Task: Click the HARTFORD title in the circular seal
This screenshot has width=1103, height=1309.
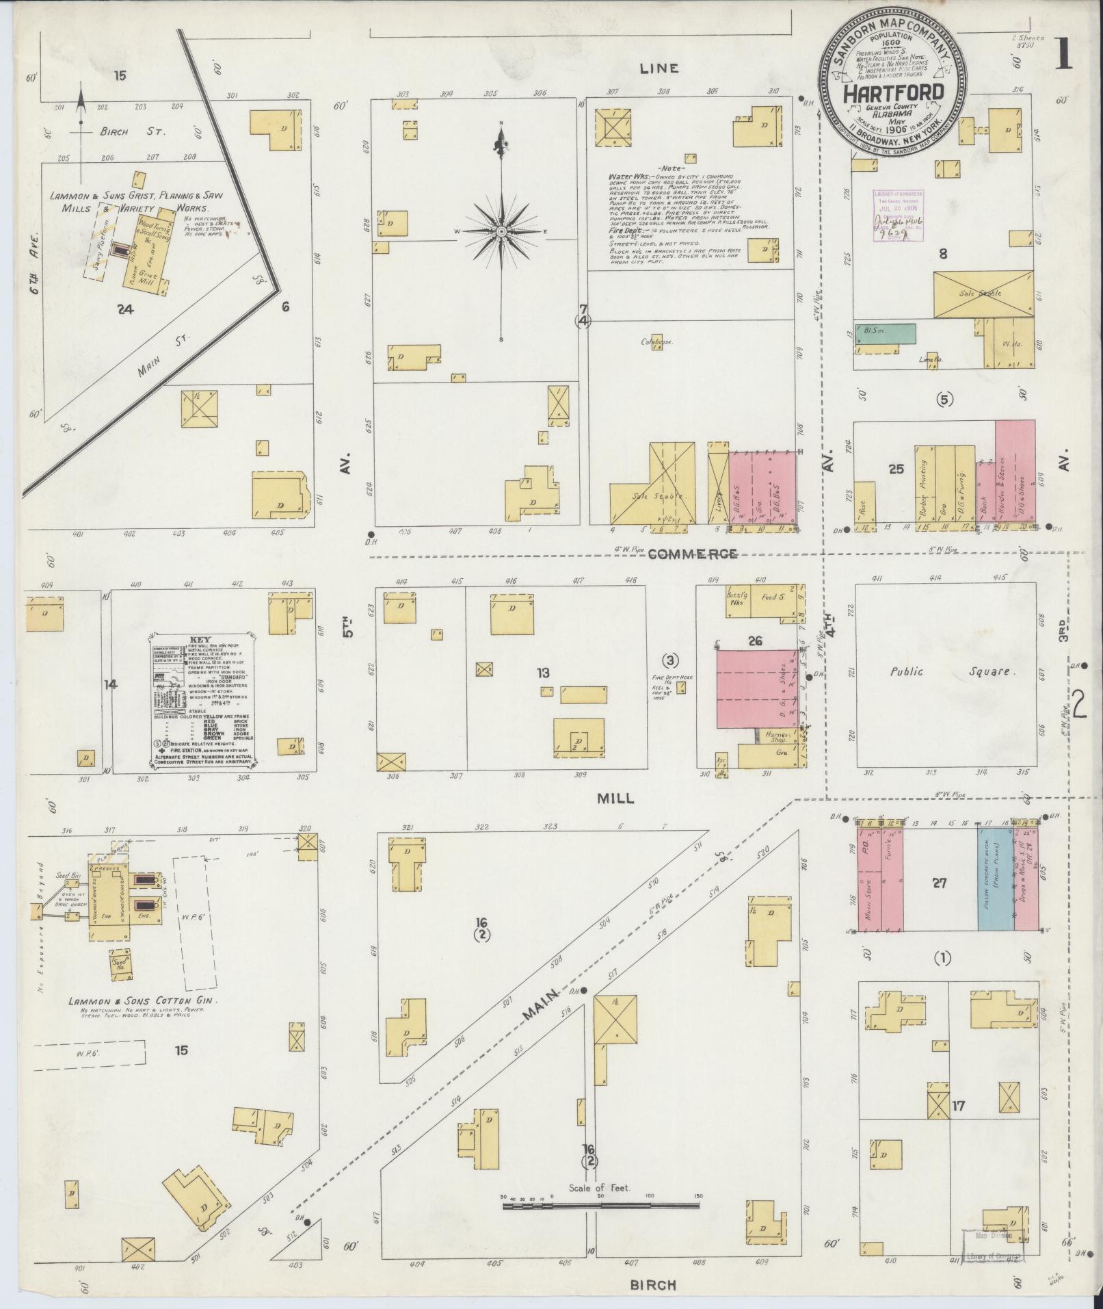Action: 892,92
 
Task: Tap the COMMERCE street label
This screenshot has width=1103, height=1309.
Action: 691,554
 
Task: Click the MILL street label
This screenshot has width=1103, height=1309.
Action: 615,798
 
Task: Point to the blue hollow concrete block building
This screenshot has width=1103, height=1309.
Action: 995,879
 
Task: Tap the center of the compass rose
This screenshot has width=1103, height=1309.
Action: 501,233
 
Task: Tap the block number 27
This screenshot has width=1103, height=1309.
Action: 939,883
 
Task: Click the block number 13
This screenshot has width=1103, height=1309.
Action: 543,673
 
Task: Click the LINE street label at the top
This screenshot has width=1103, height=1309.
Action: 659,68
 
